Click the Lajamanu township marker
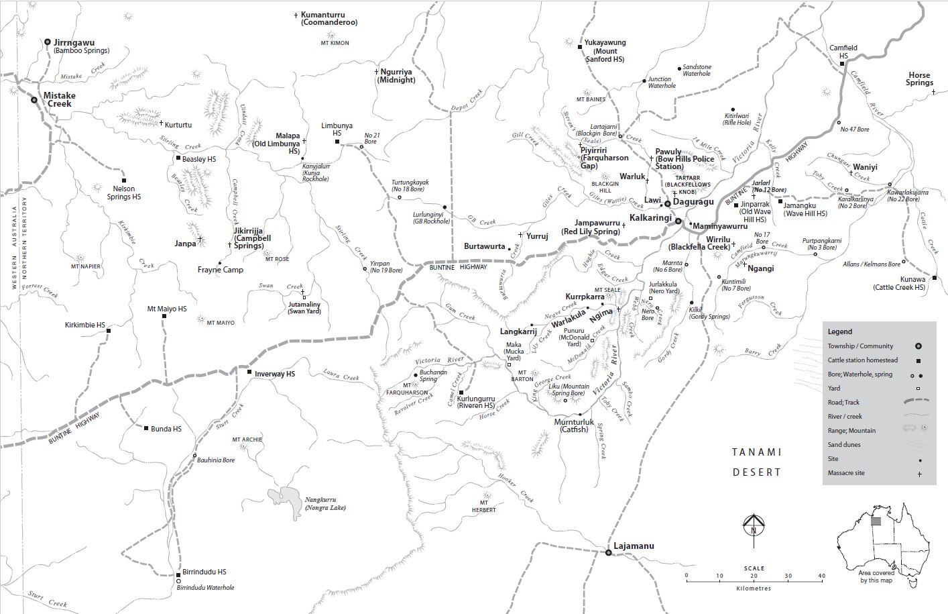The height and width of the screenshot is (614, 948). tap(608, 553)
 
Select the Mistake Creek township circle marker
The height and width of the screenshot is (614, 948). tap(34, 99)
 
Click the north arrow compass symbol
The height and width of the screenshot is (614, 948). tap(754, 525)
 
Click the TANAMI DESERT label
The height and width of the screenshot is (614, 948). tap(756, 462)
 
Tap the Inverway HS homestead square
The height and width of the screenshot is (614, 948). tap(249, 372)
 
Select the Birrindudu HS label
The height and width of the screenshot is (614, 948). tap(204, 572)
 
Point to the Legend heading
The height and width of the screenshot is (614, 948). tap(839, 331)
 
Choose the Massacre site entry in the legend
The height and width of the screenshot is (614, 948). tap(846, 473)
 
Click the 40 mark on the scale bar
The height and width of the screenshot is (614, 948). tap(821, 576)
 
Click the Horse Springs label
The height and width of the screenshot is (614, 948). tap(919, 79)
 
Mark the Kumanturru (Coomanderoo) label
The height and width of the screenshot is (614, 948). tap(329, 18)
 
